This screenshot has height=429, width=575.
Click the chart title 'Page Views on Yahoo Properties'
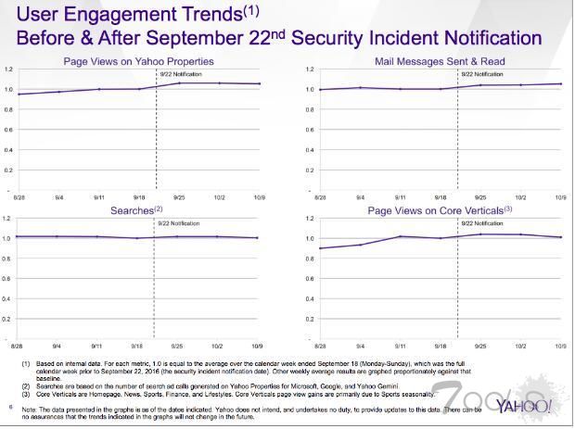point(138,61)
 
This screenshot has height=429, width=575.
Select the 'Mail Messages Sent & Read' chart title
point(440,61)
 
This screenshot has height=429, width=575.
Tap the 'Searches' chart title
point(130,211)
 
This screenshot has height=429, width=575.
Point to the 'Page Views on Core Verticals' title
point(438,211)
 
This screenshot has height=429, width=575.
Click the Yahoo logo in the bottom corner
point(525,406)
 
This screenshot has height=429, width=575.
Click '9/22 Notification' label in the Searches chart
point(175,223)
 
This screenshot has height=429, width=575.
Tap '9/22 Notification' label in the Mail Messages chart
point(477,73)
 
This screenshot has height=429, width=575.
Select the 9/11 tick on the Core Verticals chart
point(401,347)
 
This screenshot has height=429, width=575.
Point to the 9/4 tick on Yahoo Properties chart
point(58,197)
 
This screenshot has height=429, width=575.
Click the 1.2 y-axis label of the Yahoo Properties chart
point(7,69)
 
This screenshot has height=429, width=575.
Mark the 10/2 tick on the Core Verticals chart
point(521,347)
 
